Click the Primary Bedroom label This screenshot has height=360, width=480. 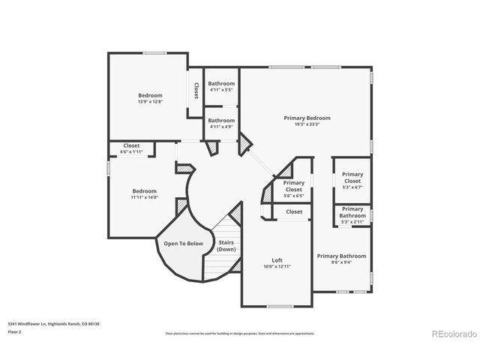pyautogui.click(x=307, y=118)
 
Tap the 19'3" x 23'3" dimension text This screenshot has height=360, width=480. pyautogui.click(x=307, y=124)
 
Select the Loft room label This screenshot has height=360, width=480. pyautogui.click(x=276, y=260)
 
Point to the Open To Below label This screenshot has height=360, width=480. pyautogui.click(x=179, y=244)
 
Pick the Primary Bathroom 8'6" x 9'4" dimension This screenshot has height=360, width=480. pyautogui.click(x=341, y=262)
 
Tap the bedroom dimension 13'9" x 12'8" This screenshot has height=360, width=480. pyautogui.click(x=150, y=102)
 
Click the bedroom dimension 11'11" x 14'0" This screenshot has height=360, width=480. pyautogui.click(x=145, y=197)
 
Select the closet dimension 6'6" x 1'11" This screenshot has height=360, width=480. pyautogui.click(x=131, y=152)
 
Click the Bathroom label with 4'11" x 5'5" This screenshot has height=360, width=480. pyautogui.click(x=221, y=83)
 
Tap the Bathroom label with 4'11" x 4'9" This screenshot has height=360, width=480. pyautogui.click(x=221, y=120)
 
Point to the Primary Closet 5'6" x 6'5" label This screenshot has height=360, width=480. pyautogui.click(x=294, y=186)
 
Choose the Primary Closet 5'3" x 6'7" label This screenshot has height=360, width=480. pyautogui.click(x=352, y=177)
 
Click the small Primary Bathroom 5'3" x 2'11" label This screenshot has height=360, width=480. pyautogui.click(x=352, y=212)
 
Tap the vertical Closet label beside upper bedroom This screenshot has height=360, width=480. pyautogui.click(x=196, y=91)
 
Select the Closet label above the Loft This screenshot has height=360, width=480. pyautogui.click(x=294, y=212)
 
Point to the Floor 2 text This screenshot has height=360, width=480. pyautogui.click(x=14, y=331)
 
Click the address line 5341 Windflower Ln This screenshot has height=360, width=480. pyautogui.click(x=53, y=323)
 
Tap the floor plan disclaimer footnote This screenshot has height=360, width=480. pyautogui.click(x=240, y=333)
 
